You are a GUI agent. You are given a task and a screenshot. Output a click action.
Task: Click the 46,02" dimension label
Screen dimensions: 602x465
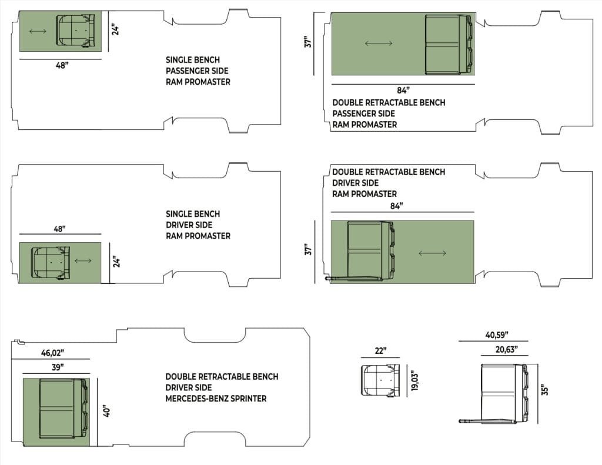[x=52, y=353]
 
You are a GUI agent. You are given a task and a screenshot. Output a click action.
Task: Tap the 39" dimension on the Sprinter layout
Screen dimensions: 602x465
[x=57, y=367]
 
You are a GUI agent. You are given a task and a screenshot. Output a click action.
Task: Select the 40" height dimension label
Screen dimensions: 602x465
[x=107, y=412]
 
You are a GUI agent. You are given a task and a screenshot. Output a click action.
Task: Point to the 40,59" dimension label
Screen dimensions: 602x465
[x=497, y=335]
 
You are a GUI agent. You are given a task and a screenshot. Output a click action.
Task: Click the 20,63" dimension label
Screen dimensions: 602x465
[x=506, y=349]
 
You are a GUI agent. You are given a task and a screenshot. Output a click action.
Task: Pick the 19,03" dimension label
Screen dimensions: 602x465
[x=414, y=380]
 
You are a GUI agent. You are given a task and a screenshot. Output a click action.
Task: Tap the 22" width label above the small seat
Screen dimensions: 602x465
[x=380, y=350]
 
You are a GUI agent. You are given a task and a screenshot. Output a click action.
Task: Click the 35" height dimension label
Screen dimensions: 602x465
[x=544, y=389]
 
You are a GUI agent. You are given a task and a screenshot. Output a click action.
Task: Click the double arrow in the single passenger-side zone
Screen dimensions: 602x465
[x=38, y=31]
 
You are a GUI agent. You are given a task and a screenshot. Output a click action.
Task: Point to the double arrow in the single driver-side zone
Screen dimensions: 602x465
[x=83, y=261]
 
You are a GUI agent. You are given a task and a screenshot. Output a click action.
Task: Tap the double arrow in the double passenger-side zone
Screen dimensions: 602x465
[x=379, y=44]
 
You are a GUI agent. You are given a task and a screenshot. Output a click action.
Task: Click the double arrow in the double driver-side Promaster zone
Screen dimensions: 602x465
[x=432, y=253]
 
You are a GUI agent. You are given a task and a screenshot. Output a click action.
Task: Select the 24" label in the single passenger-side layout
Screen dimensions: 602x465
[x=115, y=29]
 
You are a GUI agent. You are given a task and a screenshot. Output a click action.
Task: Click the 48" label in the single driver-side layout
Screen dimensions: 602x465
[x=59, y=229]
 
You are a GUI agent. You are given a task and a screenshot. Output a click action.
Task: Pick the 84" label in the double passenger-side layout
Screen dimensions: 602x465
[x=403, y=90]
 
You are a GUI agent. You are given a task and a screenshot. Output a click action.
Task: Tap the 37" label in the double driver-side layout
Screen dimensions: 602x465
[x=308, y=249]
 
